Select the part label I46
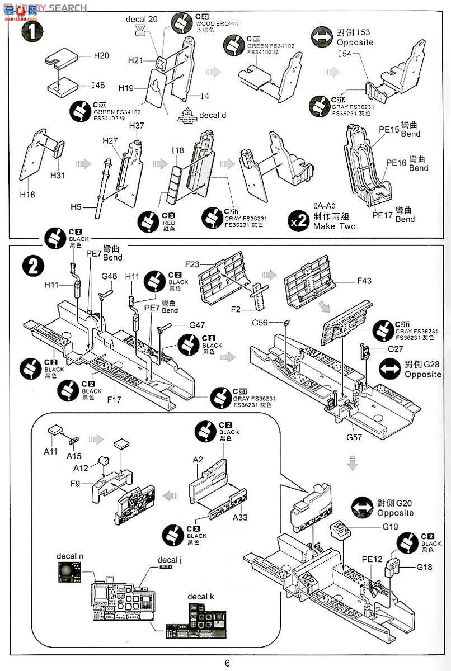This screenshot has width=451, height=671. click(98, 86)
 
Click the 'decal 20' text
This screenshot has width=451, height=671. click(142, 19)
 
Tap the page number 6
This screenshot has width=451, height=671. click(227, 663)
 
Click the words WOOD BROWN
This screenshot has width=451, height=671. click(217, 24)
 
